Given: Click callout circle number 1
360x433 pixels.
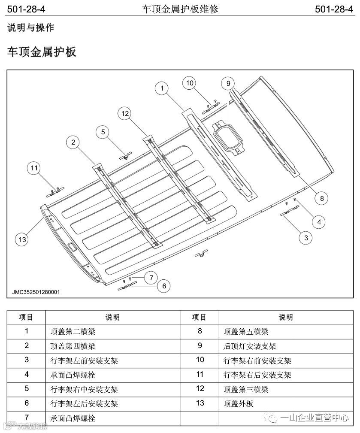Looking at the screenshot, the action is (162, 88).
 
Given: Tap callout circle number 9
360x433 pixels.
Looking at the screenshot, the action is (228, 83).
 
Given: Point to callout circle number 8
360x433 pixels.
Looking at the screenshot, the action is (321, 198).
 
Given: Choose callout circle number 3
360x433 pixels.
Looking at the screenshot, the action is (306, 237).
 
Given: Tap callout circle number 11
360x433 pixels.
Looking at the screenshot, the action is (35, 168).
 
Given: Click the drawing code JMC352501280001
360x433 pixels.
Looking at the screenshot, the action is (36, 292).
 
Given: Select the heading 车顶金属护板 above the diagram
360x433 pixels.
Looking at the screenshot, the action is (42, 52).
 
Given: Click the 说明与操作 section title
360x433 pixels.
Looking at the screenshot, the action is (30, 28).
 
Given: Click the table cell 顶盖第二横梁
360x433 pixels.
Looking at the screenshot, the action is (73, 332).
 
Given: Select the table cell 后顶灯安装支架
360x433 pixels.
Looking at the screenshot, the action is (249, 346).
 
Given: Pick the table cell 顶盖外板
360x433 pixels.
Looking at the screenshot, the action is (239, 404).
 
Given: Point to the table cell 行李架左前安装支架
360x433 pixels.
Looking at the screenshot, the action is (84, 361).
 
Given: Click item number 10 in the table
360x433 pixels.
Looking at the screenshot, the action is (200, 360).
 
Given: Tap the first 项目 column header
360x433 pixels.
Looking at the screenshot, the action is (26, 318).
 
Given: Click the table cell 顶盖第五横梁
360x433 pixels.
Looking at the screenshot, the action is (246, 332).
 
